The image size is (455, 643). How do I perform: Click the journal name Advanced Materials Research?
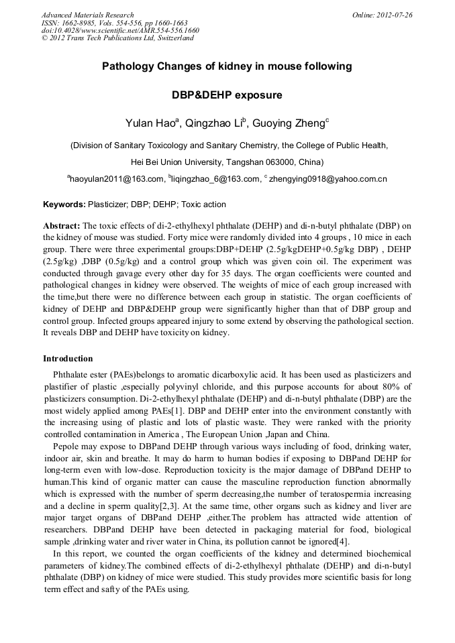tap(87, 15)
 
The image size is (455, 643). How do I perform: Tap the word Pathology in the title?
tap(128, 66)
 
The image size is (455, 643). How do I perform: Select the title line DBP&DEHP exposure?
tap(227, 95)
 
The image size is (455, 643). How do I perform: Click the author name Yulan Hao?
tap(149, 123)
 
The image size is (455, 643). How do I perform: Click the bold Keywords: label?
tap(64, 204)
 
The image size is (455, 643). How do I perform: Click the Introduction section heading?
tap(68, 359)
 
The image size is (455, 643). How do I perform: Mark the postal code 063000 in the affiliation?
tap(268, 162)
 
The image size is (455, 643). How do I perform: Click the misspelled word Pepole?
tap(65, 446)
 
